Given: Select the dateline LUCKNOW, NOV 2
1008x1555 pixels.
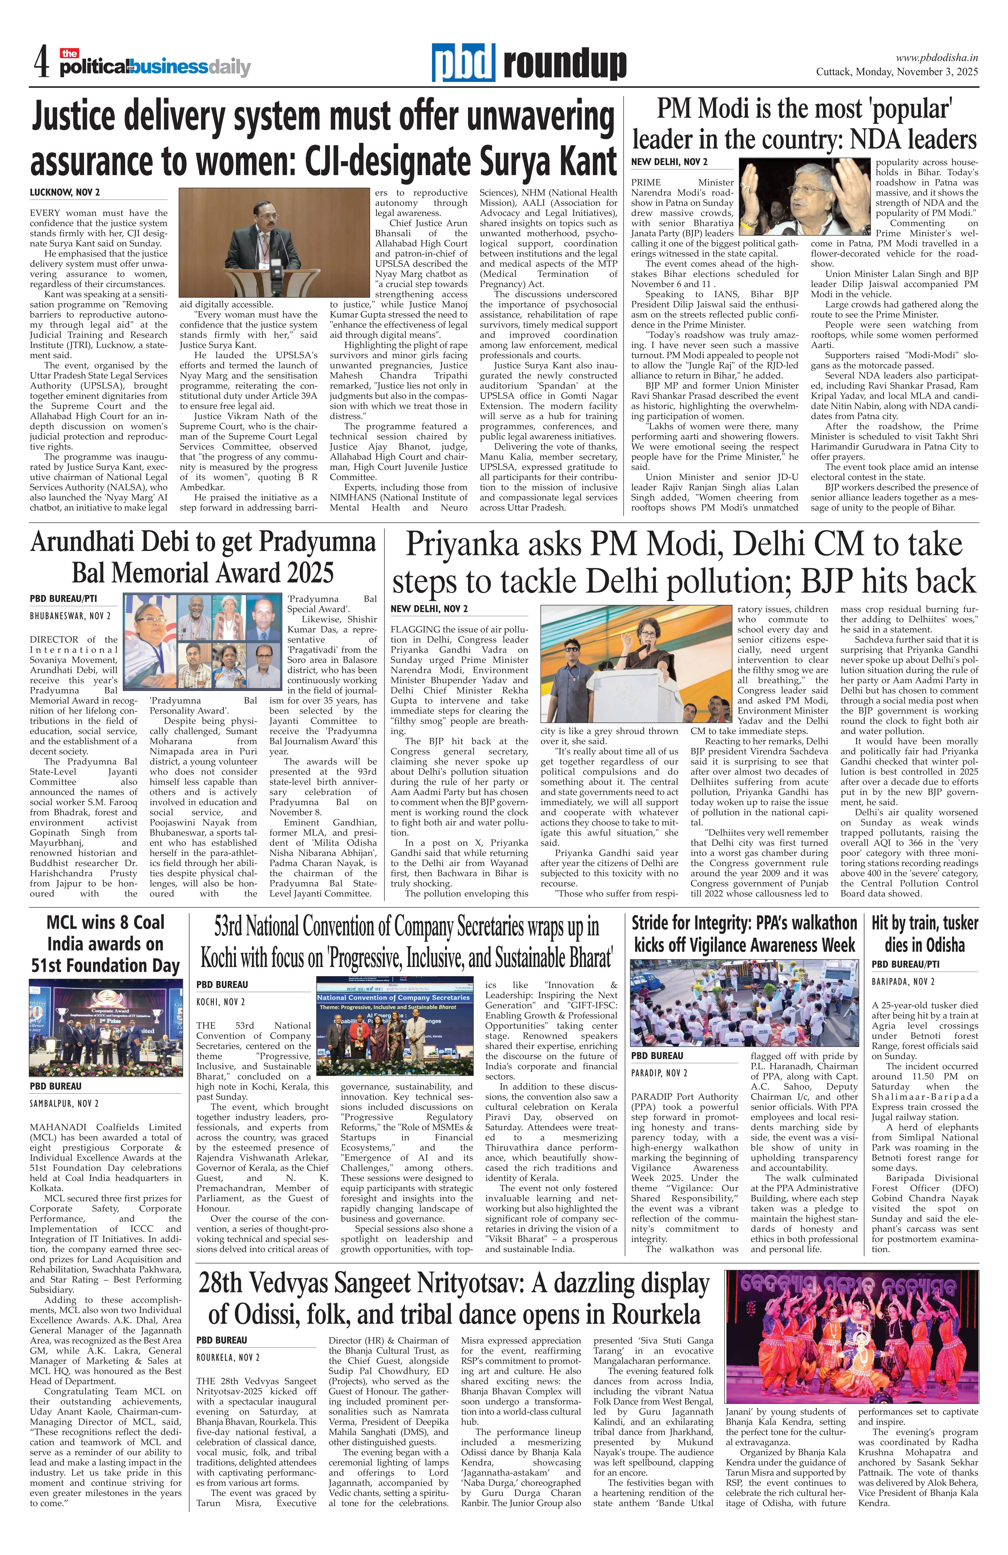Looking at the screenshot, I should click(x=64, y=193).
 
